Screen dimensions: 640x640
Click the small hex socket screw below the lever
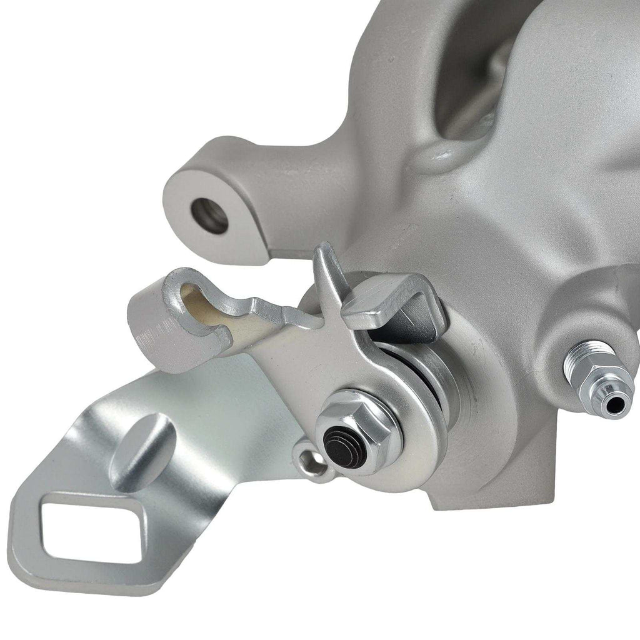[311, 462]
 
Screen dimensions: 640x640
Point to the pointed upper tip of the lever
[322, 250]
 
